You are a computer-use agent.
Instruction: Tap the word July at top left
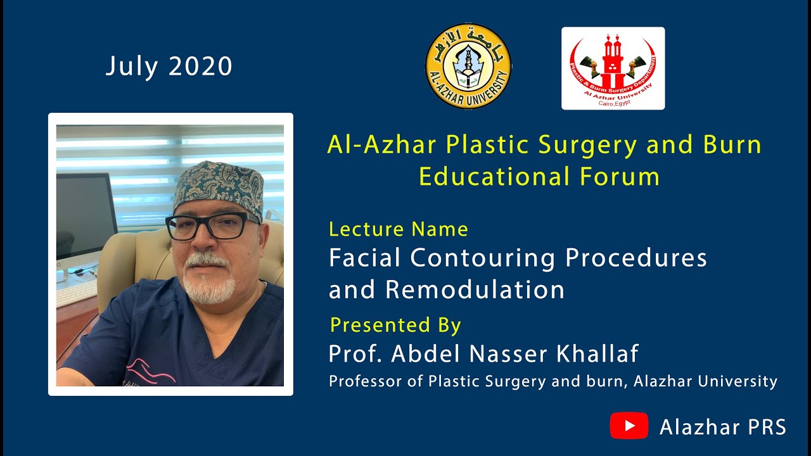(x=131, y=66)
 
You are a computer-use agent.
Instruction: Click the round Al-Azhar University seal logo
(x=468, y=66)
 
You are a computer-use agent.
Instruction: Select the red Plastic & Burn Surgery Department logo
(x=613, y=68)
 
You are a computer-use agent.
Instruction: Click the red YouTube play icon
(x=629, y=426)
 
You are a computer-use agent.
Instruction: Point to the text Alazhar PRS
(x=723, y=427)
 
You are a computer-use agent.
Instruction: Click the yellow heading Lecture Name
(x=399, y=229)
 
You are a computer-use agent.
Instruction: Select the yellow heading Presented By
(x=395, y=325)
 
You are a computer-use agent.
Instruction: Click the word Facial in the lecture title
(x=365, y=258)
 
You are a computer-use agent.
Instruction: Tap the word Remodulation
(x=475, y=289)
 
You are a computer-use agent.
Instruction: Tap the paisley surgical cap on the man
(x=218, y=187)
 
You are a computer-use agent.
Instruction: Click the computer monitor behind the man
(x=85, y=215)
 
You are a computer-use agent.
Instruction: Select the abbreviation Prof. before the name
(x=355, y=354)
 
